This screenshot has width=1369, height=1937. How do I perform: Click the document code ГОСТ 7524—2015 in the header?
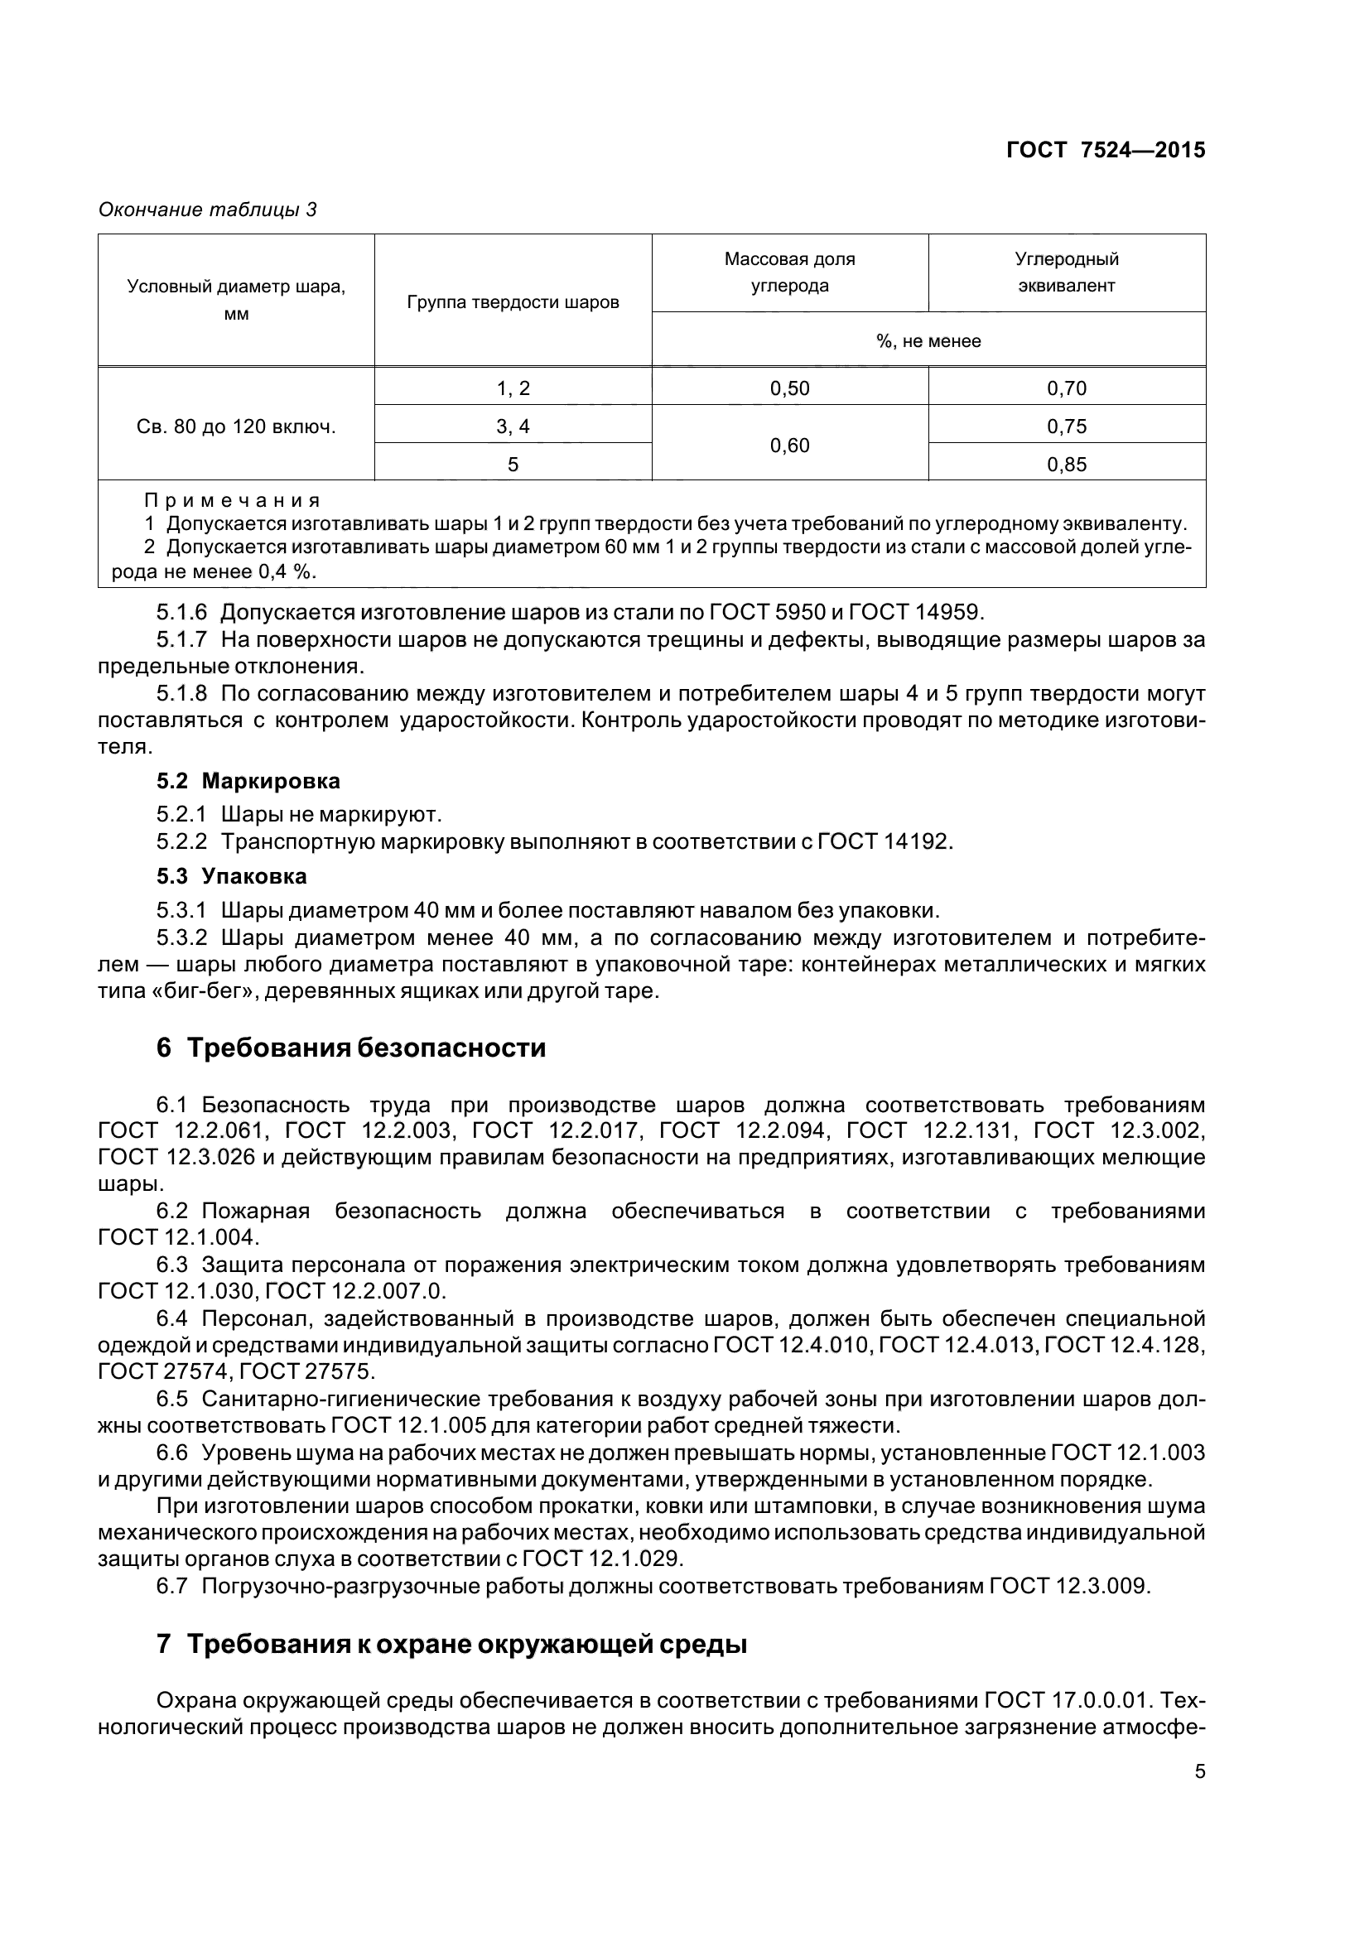(1106, 150)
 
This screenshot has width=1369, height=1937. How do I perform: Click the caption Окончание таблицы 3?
(208, 210)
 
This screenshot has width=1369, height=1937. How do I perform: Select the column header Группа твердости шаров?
(513, 302)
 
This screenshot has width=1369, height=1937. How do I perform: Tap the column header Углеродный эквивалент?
(1066, 272)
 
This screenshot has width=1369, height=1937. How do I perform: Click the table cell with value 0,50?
(789, 388)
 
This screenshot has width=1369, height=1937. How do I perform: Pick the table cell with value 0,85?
(1066, 464)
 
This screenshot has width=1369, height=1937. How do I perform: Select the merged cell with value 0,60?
(789, 445)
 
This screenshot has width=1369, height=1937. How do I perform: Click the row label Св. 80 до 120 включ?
(236, 426)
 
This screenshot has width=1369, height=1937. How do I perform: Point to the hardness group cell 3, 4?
(513, 426)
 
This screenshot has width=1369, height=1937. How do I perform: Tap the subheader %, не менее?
(928, 342)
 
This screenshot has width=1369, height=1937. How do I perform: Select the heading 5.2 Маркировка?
(248, 781)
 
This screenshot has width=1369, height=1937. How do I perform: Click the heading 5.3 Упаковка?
(232, 876)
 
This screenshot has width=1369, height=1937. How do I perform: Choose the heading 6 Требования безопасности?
(351, 1048)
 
